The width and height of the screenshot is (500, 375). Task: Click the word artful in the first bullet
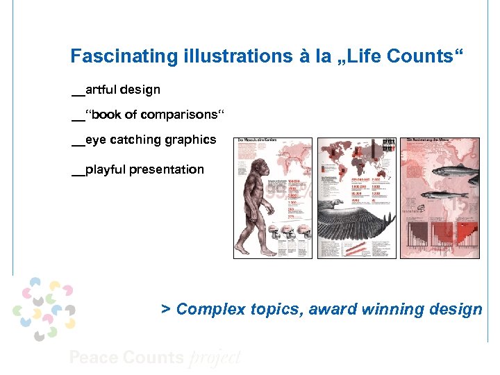[x=100, y=90]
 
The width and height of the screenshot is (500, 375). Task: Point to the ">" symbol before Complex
[x=165, y=309]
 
